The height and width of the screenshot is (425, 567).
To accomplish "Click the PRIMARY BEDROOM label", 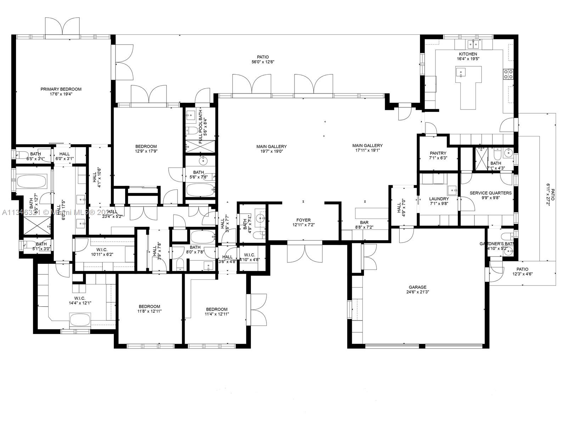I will pos(61,89).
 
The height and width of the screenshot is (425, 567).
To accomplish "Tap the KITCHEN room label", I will pos(468,54).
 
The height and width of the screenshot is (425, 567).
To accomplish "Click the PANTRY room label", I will pos(438,153).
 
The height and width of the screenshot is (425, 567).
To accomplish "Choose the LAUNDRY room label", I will pos(439,199).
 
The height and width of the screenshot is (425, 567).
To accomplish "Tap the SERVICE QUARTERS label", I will pos(490,193).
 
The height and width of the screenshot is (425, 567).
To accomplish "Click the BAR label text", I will pos(364,222).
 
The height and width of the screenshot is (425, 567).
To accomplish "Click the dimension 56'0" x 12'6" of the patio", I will pos(263,62).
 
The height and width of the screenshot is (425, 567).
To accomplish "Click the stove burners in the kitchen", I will pos(508,74).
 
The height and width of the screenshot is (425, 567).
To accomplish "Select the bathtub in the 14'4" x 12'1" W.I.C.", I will pos(80,319).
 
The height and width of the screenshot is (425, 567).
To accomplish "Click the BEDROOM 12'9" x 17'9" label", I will pos(146,146).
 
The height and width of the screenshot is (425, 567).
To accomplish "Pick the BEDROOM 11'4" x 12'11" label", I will pos(217,309).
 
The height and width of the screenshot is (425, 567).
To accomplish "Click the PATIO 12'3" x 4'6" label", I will pos(522,269).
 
